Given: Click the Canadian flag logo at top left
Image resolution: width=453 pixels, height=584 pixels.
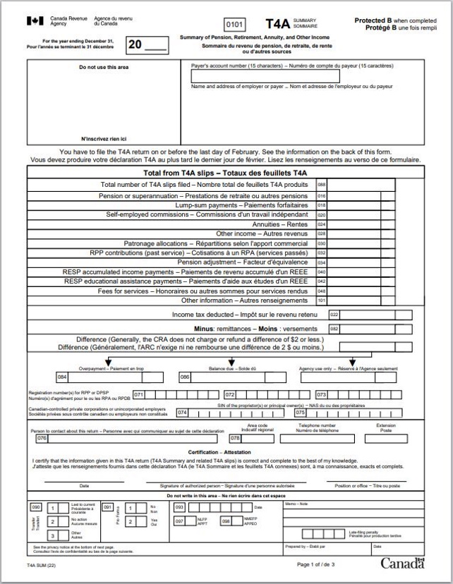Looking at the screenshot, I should click(35, 22).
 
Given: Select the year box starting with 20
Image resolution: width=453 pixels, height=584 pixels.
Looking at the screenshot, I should click(148, 47).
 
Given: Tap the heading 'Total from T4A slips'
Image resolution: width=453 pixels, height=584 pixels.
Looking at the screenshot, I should click(225, 172).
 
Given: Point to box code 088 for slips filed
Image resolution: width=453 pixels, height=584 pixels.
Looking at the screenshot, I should click(322, 185).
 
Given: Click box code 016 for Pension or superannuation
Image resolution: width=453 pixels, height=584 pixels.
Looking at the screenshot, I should click(322, 195).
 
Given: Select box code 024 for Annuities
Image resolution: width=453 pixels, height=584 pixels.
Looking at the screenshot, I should click(322, 224).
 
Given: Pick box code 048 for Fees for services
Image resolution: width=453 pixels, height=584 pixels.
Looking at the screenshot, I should click(322, 291).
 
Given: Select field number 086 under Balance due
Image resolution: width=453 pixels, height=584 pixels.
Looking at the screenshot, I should click(185, 377).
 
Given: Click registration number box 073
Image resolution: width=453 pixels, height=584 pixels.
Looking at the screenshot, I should click(321, 394).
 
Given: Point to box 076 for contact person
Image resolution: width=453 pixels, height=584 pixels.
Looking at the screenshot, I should click(42, 438).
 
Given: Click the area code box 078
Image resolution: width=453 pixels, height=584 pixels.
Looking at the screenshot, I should click(236, 438).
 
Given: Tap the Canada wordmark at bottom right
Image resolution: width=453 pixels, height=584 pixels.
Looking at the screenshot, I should click(403, 563).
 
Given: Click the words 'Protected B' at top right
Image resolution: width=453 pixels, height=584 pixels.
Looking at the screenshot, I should click(376, 20).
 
